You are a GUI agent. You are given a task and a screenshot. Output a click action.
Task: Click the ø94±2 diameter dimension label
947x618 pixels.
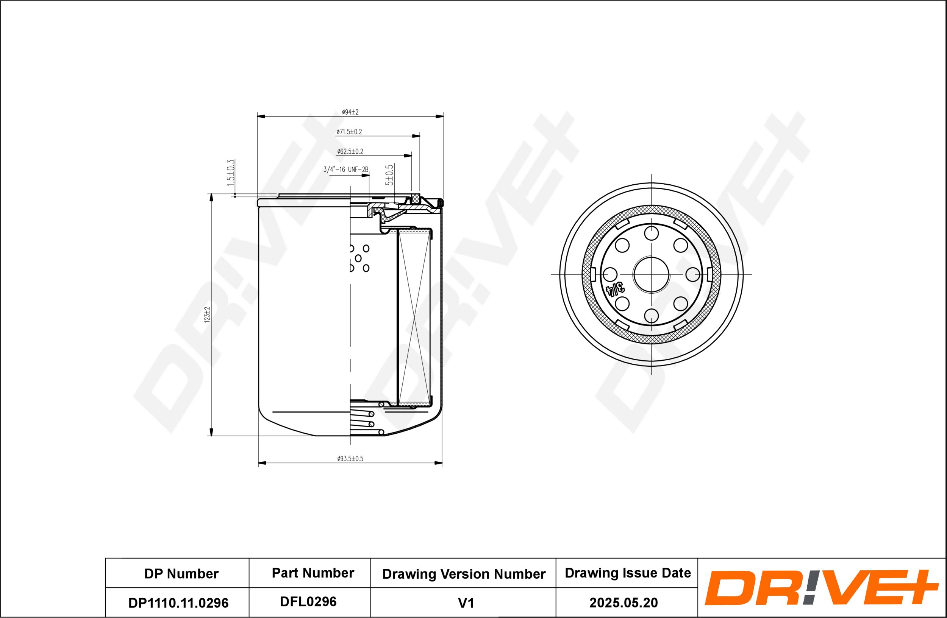[x=350, y=112]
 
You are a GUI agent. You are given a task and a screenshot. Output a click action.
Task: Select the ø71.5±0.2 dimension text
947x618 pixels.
[x=349, y=132]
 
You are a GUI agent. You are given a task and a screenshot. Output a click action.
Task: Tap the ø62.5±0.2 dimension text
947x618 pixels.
[x=350, y=151]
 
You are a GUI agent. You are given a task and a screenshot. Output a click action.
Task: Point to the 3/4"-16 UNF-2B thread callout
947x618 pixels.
[x=346, y=170]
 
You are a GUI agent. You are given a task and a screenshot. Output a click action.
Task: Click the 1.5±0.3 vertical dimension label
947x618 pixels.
[x=231, y=173]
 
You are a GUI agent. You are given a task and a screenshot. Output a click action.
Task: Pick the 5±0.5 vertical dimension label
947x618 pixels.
[x=389, y=175]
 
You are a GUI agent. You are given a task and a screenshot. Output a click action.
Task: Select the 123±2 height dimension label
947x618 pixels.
[x=206, y=314]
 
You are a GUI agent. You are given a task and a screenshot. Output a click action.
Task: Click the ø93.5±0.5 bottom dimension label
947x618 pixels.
[x=350, y=459]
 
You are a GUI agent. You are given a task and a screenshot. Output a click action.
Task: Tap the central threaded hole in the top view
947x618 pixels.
[x=652, y=275]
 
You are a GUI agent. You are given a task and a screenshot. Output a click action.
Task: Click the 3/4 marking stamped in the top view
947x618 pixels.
[x=615, y=288]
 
